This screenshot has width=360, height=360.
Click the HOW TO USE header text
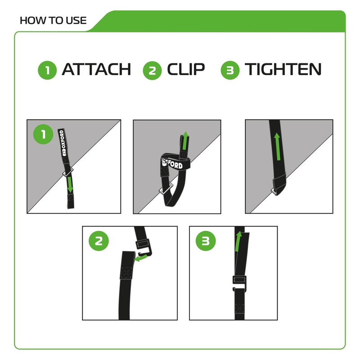click(x=53, y=20)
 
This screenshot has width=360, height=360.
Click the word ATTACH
click(x=96, y=70)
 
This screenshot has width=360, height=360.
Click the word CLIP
click(x=186, y=70)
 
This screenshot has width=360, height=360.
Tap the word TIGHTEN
click(x=283, y=70)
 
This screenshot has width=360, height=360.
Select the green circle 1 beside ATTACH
click(x=47, y=71)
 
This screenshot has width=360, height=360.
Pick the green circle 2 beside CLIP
click(x=152, y=71)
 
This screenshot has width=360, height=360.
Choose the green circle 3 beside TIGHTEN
click(x=230, y=71)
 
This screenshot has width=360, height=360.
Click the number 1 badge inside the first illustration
click(x=44, y=134)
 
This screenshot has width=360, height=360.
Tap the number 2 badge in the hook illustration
click(x=99, y=241)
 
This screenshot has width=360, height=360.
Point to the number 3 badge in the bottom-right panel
click(x=205, y=241)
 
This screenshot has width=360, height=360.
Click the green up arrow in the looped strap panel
click(x=184, y=140)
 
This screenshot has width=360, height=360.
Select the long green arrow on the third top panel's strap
click(x=277, y=146)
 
